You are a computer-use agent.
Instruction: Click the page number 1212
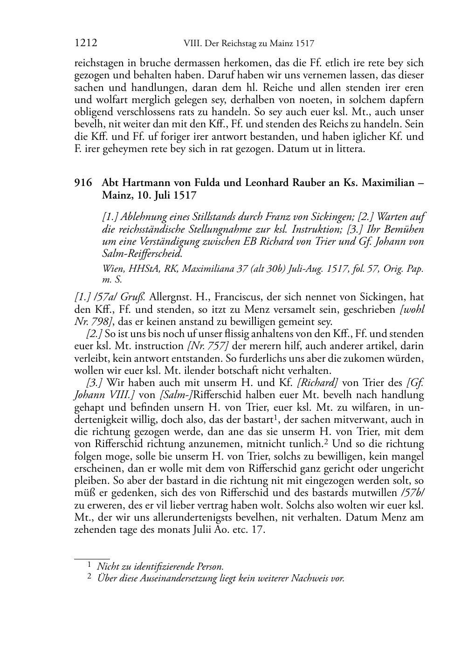[86, 44]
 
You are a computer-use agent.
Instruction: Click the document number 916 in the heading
[83, 183]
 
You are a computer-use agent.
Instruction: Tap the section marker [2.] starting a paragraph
[95, 334]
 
